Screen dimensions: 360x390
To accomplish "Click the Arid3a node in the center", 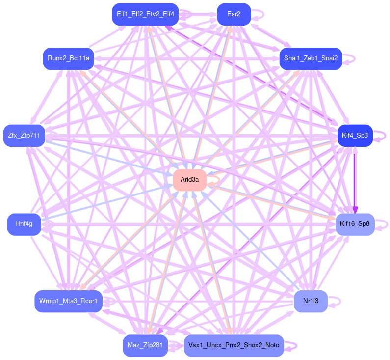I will (x=189, y=180).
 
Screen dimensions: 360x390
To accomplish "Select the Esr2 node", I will (x=234, y=14).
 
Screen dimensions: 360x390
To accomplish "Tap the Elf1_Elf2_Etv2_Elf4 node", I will (x=145, y=14).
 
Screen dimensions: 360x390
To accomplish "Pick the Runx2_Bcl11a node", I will (x=68, y=58).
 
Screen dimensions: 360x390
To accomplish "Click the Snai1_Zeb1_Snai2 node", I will (x=311, y=58).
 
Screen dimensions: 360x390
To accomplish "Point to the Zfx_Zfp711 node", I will (x=24, y=136).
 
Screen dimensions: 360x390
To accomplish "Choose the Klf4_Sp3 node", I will (x=355, y=136).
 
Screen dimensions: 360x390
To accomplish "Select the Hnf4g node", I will (x=24, y=224).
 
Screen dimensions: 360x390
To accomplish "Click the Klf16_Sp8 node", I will (x=355, y=224).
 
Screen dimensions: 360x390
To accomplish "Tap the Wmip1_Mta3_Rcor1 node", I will (x=68, y=301).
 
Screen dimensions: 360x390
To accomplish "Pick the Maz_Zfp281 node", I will (x=145, y=346).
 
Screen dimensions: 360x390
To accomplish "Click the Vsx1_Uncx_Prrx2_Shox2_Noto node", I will (x=234, y=346).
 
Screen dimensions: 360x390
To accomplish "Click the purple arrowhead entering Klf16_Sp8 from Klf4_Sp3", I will (x=355, y=210).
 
